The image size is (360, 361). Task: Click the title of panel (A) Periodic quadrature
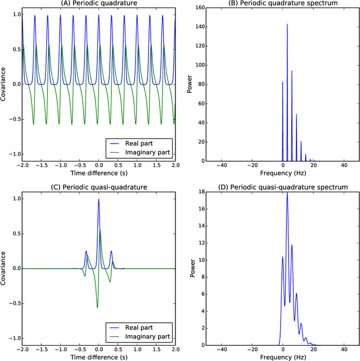(99, 4)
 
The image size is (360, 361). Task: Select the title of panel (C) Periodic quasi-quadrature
(99, 186)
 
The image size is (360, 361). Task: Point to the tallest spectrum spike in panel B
(287, 25)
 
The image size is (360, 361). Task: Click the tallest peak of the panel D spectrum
(287, 193)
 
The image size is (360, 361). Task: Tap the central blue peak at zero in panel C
(99, 199)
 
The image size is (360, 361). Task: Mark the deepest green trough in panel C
(98, 307)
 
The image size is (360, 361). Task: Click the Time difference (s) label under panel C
(99, 357)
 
